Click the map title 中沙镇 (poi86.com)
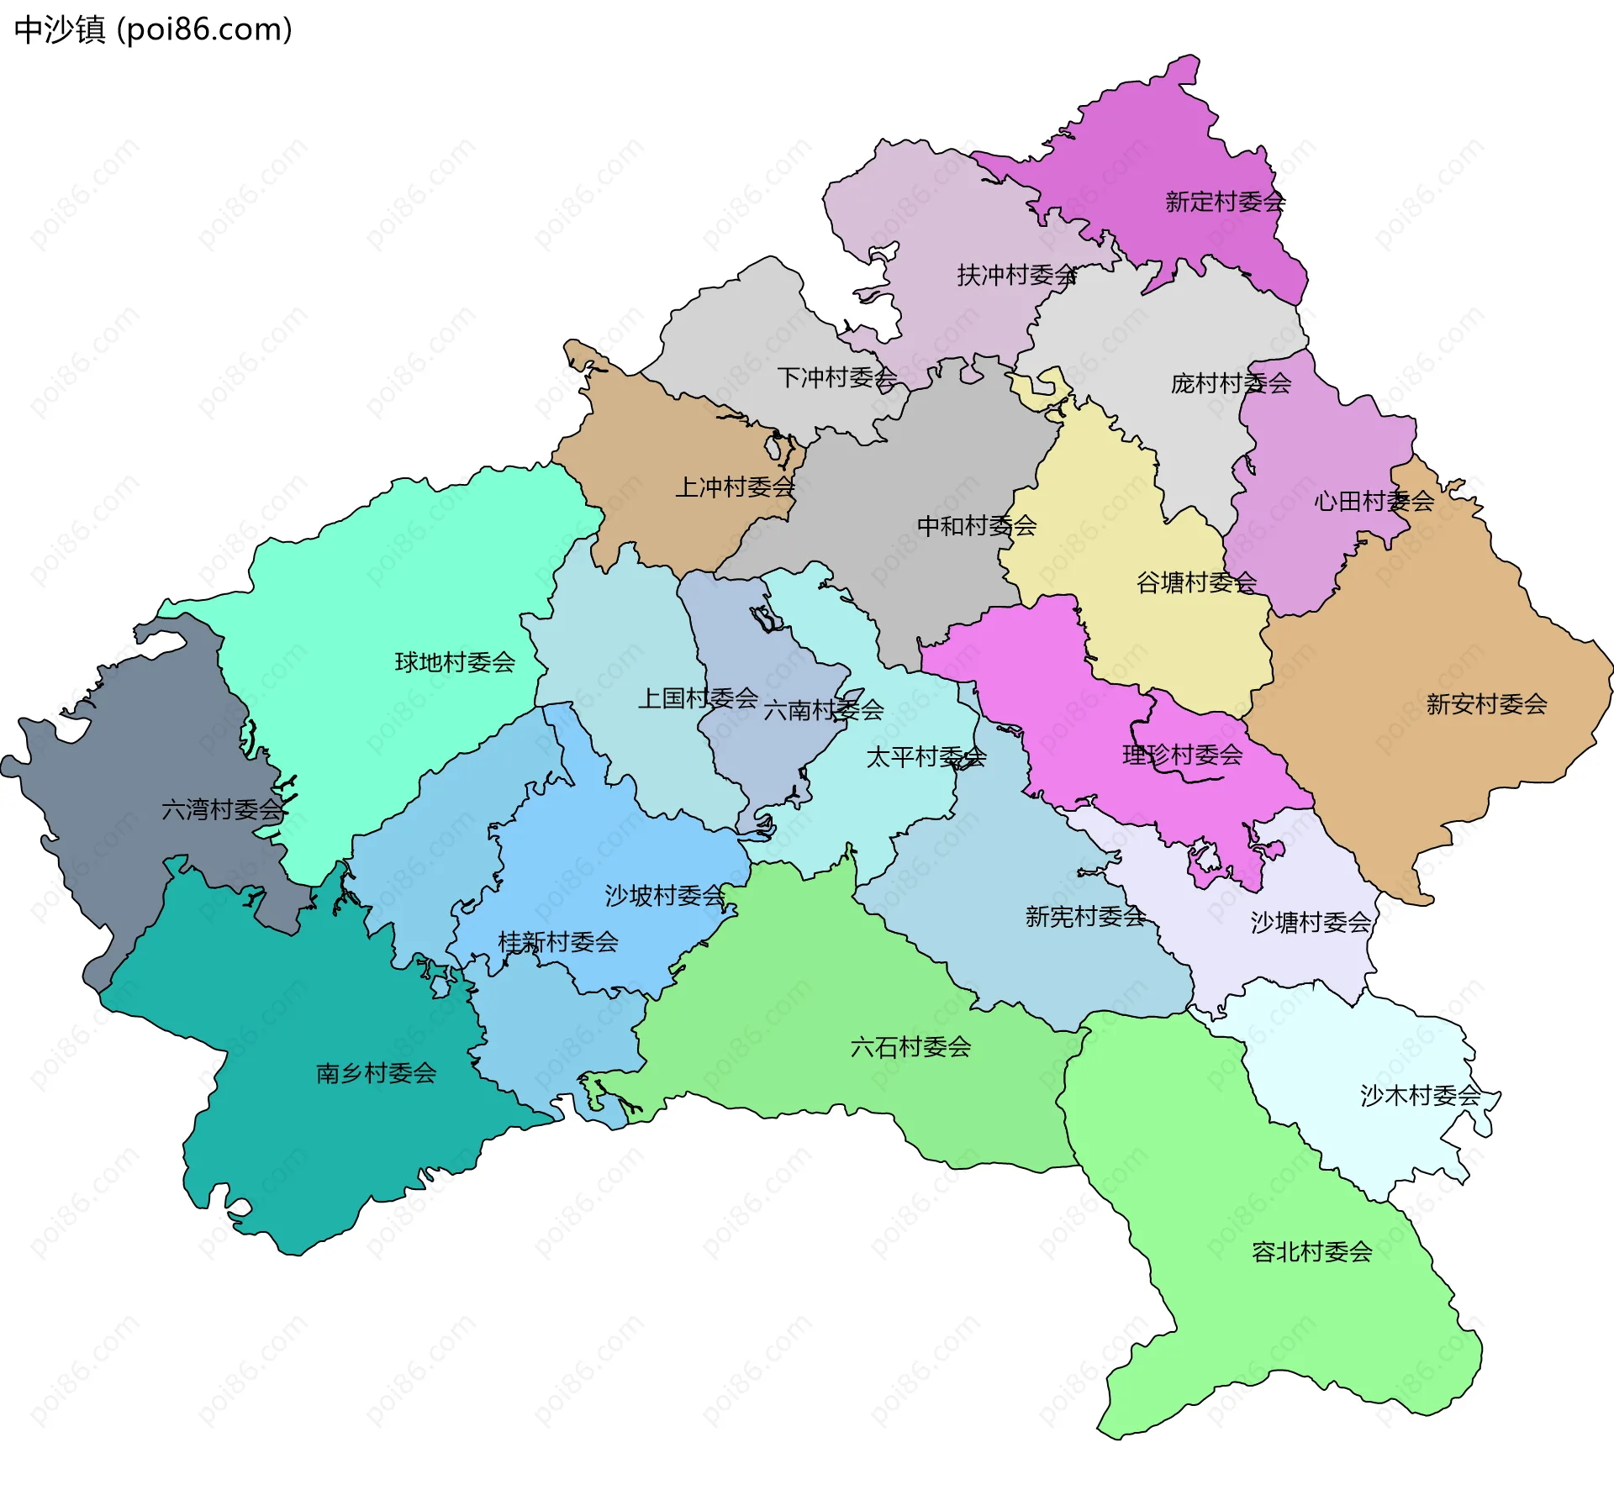(x=153, y=29)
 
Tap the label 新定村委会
(x=1225, y=202)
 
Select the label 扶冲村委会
(x=1017, y=275)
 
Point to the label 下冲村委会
(x=836, y=377)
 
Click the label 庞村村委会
(x=1231, y=383)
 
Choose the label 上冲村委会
(x=736, y=487)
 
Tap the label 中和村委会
(x=976, y=525)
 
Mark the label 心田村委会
(x=1374, y=501)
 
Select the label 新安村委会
(x=1486, y=703)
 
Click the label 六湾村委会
(x=222, y=809)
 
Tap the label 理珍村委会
(x=1182, y=755)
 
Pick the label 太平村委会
(x=926, y=756)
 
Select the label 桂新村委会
(x=558, y=941)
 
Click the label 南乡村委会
(x=376, y=1072)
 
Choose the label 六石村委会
(x=910, y=1046)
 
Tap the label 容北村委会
(x=1311, y=1251)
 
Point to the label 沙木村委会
(x=1420, y=1095)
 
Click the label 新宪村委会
(x=1085, y=916)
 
